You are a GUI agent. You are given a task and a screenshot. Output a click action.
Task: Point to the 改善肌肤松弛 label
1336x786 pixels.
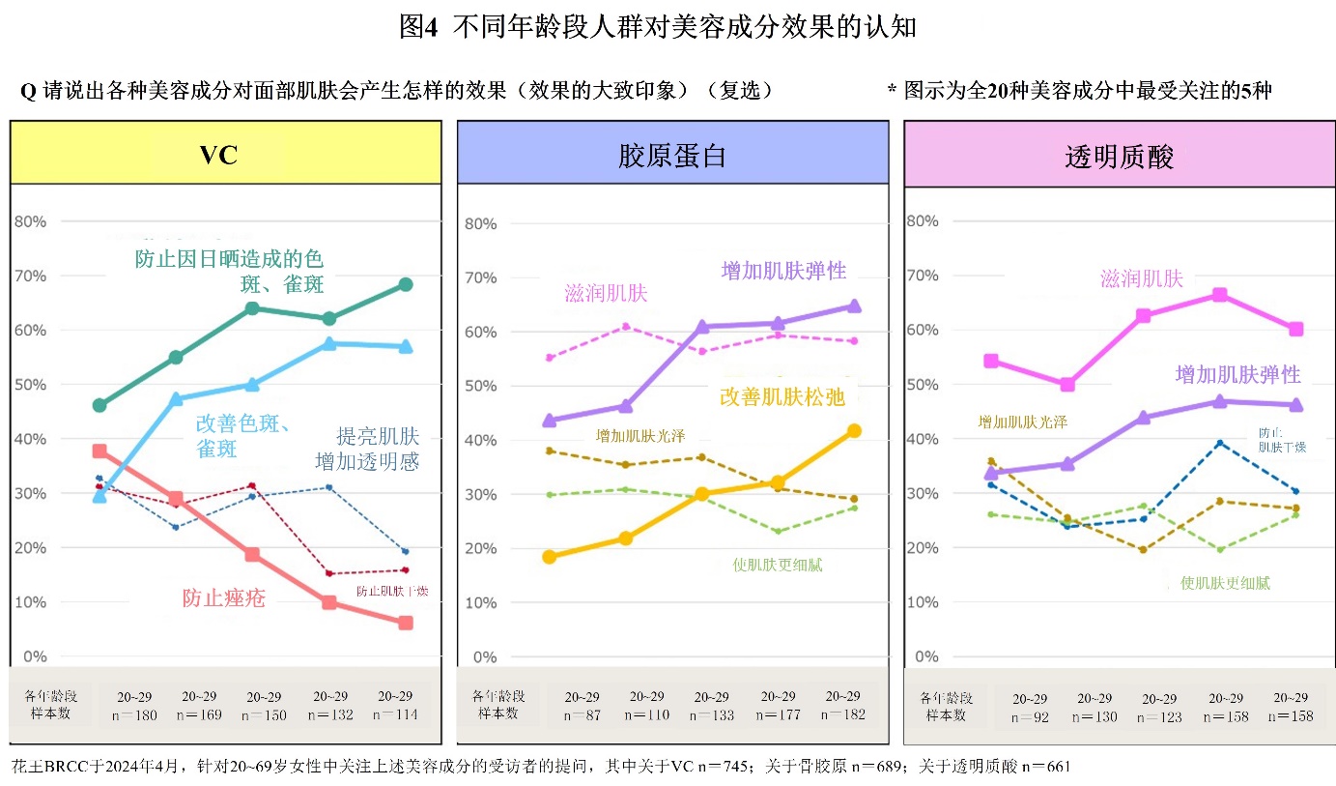point(782,396)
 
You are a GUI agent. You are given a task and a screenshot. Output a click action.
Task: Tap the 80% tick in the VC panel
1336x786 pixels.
point(32,221)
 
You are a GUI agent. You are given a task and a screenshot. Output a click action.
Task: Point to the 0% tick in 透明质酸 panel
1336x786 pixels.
point(926,656)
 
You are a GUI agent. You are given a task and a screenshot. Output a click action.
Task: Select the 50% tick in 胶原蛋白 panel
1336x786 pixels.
point(480,386)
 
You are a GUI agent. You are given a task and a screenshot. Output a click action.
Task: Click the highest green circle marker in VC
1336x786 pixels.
point(406,284)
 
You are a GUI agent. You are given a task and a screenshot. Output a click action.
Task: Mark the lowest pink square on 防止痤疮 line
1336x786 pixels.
point(406,623)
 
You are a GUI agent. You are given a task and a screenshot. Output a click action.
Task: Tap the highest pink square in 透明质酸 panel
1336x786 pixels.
point(1219,295)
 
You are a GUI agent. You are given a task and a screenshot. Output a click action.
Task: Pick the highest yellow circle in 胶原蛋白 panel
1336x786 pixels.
point(854,431)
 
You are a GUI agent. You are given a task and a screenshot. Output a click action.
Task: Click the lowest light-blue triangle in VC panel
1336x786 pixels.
point(99,496)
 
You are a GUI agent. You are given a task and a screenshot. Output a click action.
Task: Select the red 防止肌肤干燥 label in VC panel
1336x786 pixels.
point(392,591)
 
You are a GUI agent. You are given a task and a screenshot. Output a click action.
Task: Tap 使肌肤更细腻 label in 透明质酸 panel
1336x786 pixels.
point(1225,583)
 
